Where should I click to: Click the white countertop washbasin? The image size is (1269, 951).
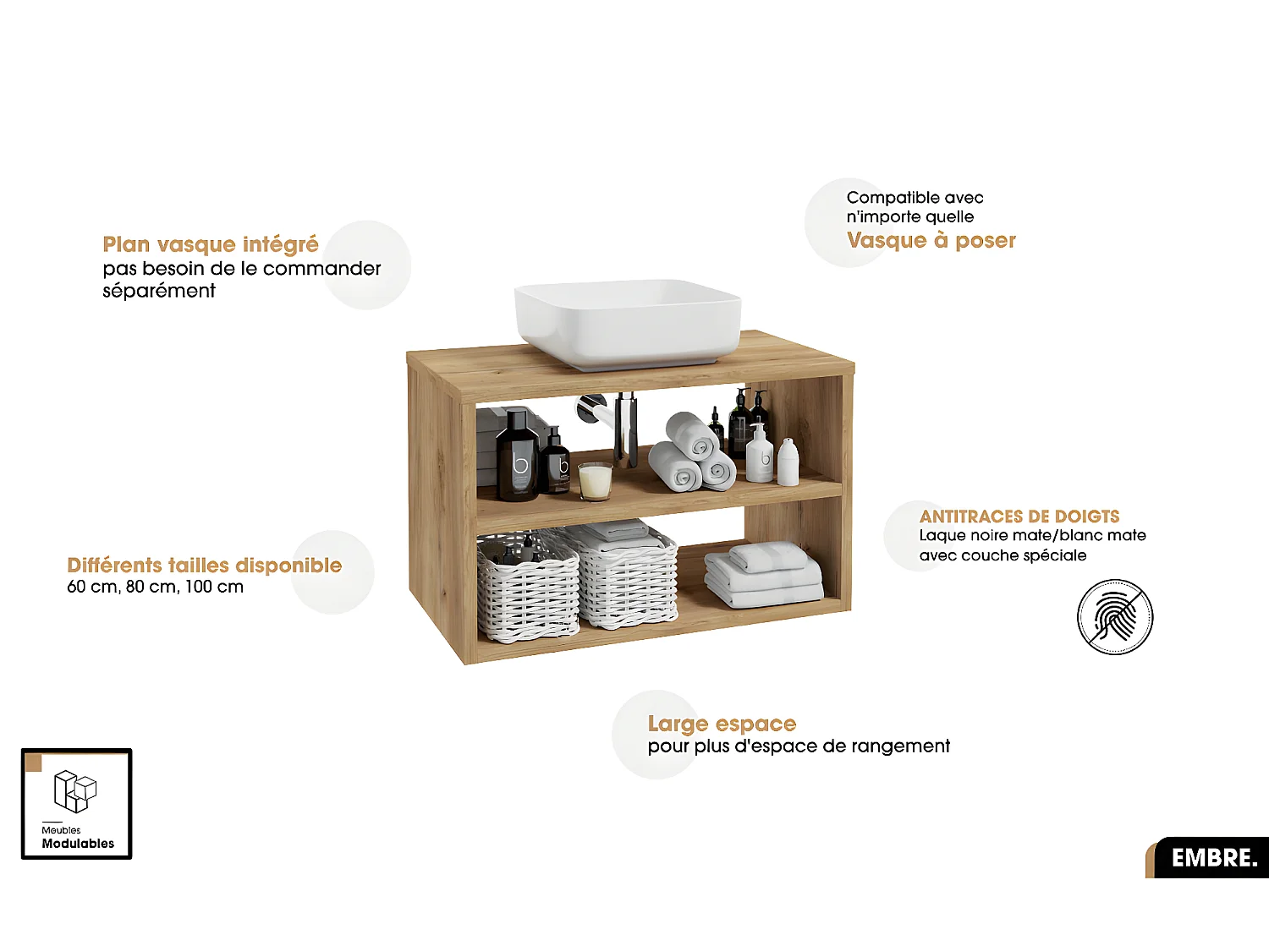[x=627, y=324]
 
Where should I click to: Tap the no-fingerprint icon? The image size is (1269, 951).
[x=1114, y=616]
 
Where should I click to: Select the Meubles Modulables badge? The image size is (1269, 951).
[x=77, y=804]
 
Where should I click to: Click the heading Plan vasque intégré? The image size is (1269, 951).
[x=211, y=244]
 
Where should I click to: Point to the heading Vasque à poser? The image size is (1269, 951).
[x=931, y=240]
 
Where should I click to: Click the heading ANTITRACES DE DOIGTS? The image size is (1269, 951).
[x=1019, y=516]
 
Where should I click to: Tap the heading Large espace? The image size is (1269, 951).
[x=722, y=724]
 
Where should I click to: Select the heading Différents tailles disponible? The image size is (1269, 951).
[x=205, y=565]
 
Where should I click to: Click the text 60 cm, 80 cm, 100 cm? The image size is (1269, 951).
[x=156, y=587]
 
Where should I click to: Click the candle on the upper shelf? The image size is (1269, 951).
[x=595, y=481]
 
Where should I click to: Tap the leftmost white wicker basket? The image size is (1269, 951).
[x=527, y=587]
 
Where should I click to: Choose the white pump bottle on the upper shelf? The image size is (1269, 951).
[x=759, y=454]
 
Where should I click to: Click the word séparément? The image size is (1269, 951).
[x=159, y=291]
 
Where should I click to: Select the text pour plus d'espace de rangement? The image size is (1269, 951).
[x=799, y=746]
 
